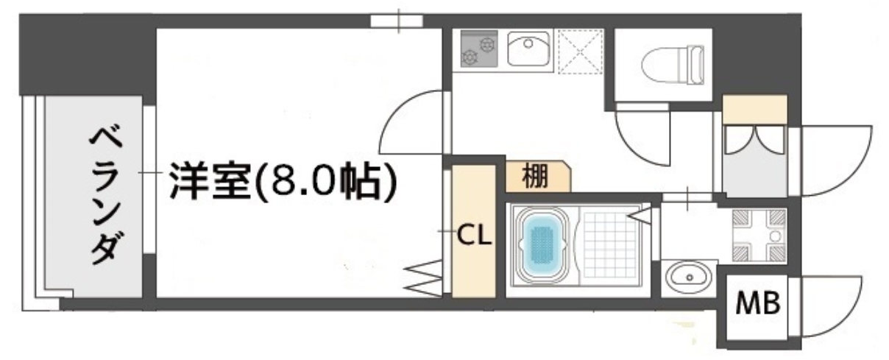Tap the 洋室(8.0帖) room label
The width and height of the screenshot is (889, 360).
283,182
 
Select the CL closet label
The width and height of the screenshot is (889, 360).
475,236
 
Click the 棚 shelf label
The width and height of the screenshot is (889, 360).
536,177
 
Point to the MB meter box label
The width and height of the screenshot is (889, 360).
758,303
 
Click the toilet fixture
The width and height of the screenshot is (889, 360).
673,63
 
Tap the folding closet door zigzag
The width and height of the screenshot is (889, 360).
425,276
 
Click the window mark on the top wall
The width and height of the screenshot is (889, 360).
397,21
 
